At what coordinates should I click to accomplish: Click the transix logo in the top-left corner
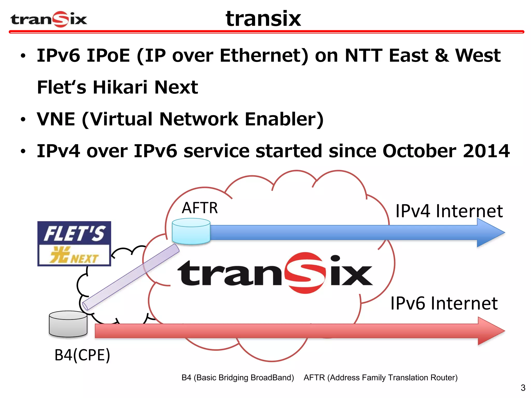[x=48, y=19]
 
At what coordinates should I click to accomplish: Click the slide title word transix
[x=263, y=19]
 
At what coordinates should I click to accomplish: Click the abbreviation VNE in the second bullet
[x=56, y=119]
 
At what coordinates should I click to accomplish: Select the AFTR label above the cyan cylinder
[x=200, y=208]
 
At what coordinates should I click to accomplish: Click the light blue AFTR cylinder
[x=191, y=231]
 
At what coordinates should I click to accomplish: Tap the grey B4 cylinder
[x=68, y=324]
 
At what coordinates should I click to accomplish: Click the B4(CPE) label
[x=82, y=355]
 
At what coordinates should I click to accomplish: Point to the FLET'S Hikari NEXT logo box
[x=74, y=244]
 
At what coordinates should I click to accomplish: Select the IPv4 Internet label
[x=449, y=211]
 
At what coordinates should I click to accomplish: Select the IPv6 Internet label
[x=444, y=303]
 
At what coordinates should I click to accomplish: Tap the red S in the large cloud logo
[x=305, y=273]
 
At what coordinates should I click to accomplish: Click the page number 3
[x=523, y=388]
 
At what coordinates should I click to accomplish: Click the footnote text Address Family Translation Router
[x=392, y=378]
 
